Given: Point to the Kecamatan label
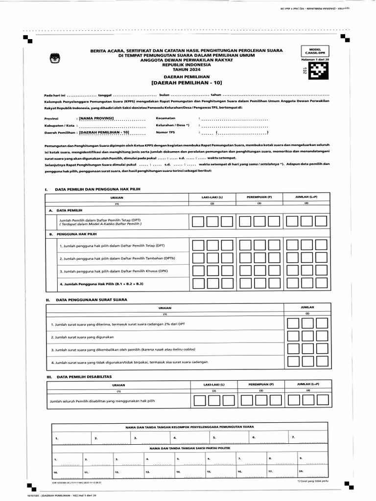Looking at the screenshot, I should point(165,118).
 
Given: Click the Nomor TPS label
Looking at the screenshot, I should point(165,132).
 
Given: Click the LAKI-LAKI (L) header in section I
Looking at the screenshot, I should point(212,197).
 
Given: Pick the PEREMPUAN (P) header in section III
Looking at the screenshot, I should point(260,385).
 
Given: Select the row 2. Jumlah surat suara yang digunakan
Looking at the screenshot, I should point(82,337).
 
